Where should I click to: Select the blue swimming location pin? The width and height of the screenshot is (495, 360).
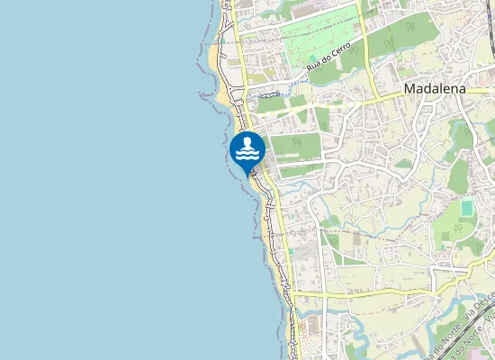[x=247, y=152]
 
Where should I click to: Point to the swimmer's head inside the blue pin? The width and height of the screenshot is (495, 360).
[x=247, y=144]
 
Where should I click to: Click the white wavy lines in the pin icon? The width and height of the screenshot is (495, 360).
[x=247, y=156]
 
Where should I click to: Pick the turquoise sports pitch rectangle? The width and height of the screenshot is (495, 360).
[x=467, y=208]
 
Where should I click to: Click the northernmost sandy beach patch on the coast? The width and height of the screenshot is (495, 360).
[x=212, y=58]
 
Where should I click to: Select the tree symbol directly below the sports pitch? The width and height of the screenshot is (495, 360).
[x=459, y=229]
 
